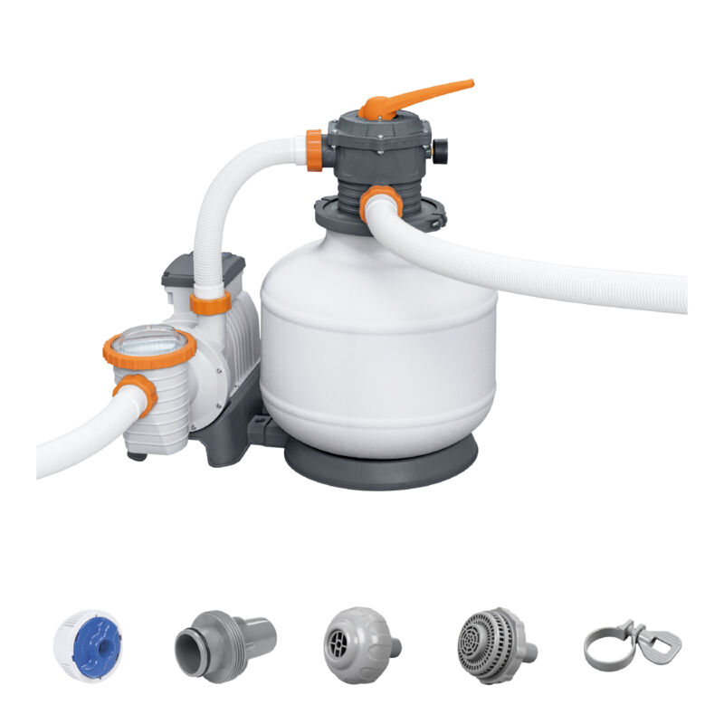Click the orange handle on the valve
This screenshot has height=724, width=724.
425,95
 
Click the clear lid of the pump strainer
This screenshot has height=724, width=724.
148,339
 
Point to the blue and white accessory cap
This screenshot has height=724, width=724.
87,643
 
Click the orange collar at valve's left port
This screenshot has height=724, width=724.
314,150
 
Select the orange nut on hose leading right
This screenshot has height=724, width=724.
380,202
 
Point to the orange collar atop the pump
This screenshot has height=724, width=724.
212,302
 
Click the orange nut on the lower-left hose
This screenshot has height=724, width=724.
137,394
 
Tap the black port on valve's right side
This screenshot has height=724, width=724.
441,151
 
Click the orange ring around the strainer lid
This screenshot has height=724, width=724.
150,352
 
